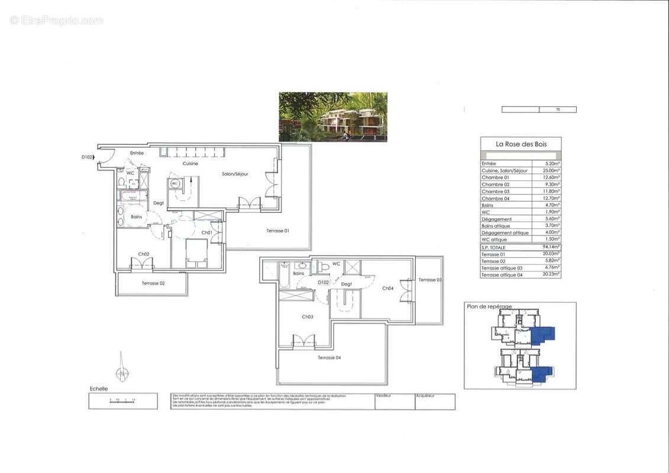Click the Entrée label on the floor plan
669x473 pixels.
[137, 153]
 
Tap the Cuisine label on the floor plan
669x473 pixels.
[190, 164]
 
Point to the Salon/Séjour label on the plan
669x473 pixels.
[235, 174]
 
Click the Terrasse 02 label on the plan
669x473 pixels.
[153, 283]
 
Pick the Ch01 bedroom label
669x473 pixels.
[206, 233]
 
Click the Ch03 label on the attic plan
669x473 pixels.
[307, 317]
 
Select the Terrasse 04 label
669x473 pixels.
[329, 358]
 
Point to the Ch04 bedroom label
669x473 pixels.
[387, 289]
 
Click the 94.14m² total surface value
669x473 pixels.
[551, 247]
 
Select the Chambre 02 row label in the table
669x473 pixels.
[495, 184]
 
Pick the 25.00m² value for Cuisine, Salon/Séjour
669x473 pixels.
[551, 170]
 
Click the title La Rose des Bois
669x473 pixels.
[521, 144]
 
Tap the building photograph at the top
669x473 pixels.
[333, 116]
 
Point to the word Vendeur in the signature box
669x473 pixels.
[384, 396]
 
